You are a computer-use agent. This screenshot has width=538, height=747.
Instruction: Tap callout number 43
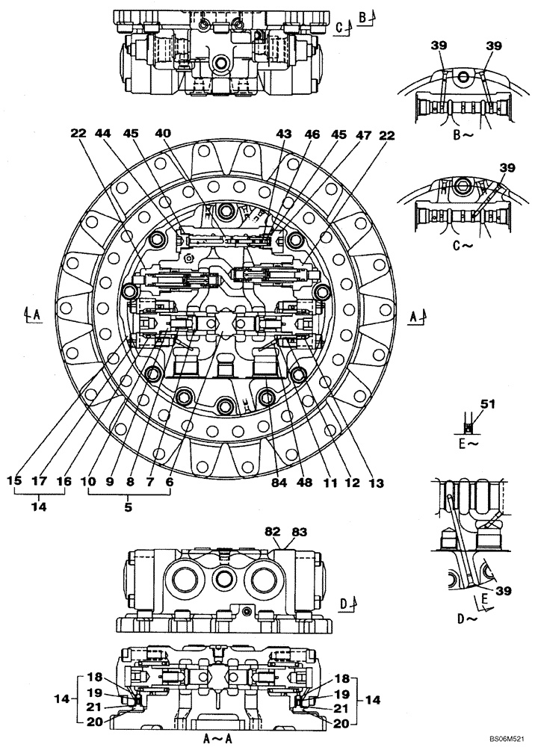click(x=285, y=134)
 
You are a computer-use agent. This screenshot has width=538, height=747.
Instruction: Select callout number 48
click(x=306, y=482)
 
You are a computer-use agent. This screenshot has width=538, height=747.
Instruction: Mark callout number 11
click(x=329, y=482)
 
